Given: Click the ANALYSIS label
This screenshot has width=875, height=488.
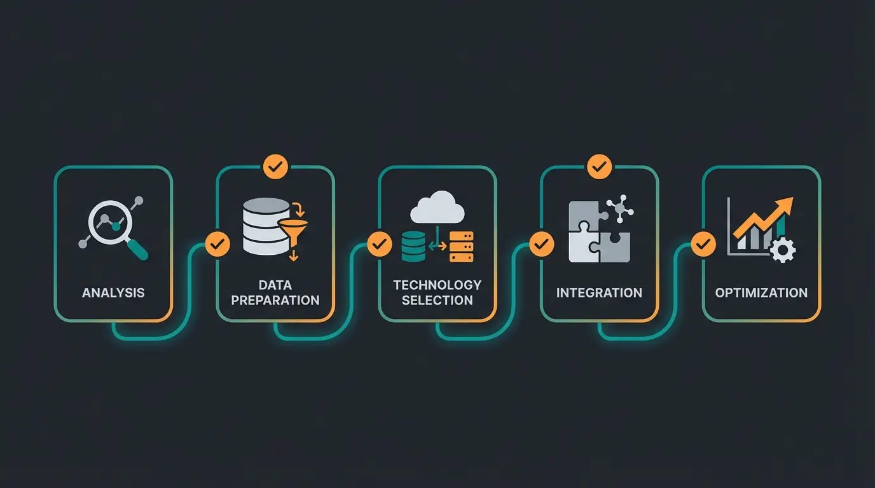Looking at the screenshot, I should (113, 293).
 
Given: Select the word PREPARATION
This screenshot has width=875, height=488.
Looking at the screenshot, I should (275, 301).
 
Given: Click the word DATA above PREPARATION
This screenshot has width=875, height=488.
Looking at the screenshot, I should (275, 285).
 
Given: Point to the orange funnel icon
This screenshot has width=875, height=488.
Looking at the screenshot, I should (293, 229).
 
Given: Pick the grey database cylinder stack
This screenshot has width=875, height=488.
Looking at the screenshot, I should (266, 227).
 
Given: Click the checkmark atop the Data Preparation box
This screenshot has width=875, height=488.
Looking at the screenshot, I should (275, 167).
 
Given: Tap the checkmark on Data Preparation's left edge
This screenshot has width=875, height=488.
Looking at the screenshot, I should (217, 244).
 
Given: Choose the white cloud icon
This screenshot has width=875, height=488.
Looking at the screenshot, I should (437, 208).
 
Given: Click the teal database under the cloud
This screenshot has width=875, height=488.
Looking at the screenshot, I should (413, 247).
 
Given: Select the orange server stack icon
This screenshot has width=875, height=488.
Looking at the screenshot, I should (462, 247).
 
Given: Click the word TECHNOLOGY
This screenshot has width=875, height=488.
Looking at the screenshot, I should (437, 285).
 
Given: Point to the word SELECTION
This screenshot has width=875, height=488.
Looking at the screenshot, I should (437, 301).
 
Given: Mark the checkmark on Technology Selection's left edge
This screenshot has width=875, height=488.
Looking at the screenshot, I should (380, 244).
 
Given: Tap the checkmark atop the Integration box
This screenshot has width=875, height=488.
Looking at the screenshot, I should (599, 167).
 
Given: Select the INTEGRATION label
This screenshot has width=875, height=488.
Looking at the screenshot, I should (599, 293).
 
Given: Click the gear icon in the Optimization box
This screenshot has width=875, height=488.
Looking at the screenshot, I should (782, 250).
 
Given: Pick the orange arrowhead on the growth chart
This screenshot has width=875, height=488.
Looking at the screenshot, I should (785, 207).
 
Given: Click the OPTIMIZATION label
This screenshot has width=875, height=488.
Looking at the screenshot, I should (761, 293).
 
